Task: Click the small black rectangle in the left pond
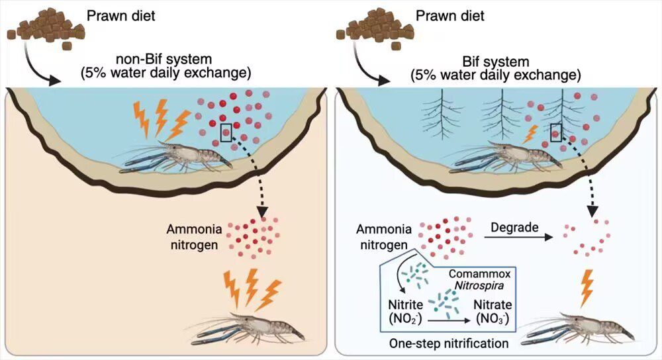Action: (x=226, y=132)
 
